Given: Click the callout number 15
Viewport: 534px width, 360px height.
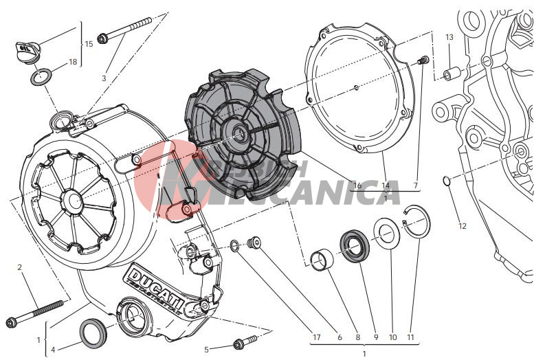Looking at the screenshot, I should coord(89,44).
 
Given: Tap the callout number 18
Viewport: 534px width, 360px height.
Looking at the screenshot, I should coord(73,63).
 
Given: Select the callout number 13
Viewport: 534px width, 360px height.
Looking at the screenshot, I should coord(449,37).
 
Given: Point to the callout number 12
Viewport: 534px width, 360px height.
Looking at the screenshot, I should coord(462,225).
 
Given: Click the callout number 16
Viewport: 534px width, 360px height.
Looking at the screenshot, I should coord(357,185).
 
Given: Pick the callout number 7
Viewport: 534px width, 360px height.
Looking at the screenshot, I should coord(416,185).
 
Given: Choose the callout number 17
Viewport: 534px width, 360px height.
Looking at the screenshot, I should coord(316,337).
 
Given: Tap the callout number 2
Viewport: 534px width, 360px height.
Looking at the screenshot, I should coord(19,267).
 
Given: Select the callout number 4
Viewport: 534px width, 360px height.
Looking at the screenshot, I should coord(54,350).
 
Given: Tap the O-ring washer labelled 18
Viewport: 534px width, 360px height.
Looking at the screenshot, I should coord(43,76).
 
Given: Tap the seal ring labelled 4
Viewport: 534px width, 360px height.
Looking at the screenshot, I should coord(93,333).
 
